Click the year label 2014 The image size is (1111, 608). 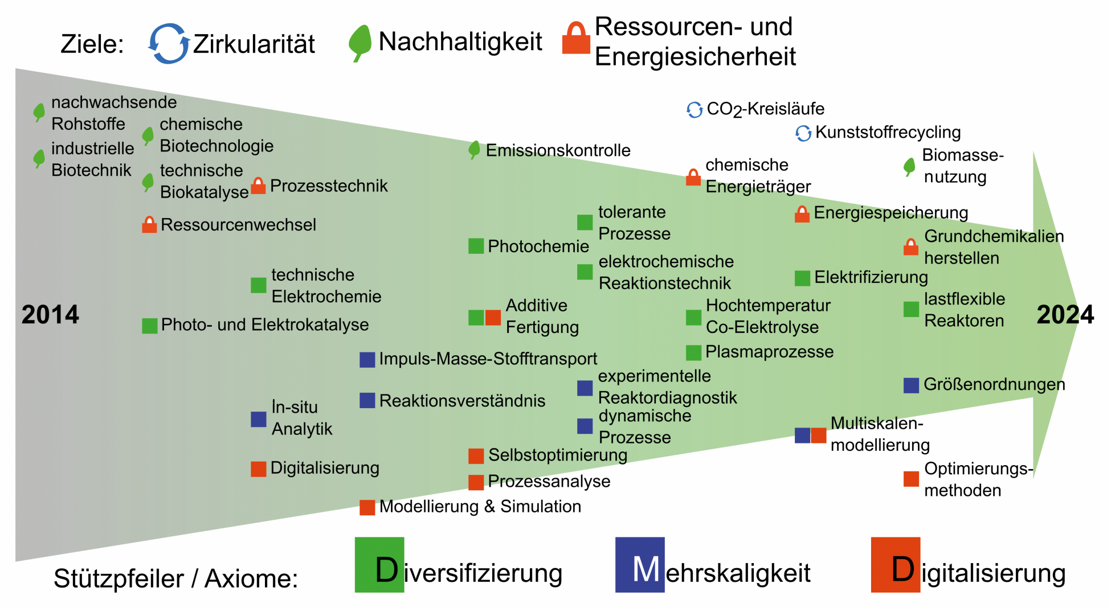[x=50, y=315]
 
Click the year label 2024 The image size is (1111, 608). [x=1065, y=315]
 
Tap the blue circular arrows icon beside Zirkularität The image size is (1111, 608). [x=169, y=43]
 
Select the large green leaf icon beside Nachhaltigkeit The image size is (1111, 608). [x=360, y=43]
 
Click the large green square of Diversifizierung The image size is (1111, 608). [x=379, y=565]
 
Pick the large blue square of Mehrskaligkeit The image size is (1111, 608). [x=640, y=565]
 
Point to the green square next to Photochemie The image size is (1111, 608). [x=476, y=246]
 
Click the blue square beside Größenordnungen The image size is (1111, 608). [x=911, y=385]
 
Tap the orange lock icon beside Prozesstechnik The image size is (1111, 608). [x=258, y=186]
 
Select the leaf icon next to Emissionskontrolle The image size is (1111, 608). [x=474, y=150]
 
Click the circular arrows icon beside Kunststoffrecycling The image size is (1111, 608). [x=803, y=133]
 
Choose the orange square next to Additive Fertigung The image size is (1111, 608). [x=493, y=318]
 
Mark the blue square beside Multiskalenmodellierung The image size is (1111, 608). [x=802, y=436]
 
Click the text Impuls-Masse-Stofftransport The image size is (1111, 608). [x=488, y=359]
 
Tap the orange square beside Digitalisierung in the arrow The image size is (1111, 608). [x=259, y=469]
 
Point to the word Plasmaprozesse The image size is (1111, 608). [x=769, y=352]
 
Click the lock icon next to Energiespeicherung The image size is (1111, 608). [x=802, y=214]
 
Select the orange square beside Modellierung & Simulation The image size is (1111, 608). [x=367, y=507]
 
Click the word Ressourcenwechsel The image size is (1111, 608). [x=238, y=225]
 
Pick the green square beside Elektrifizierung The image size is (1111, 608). [x=802, y=278]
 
